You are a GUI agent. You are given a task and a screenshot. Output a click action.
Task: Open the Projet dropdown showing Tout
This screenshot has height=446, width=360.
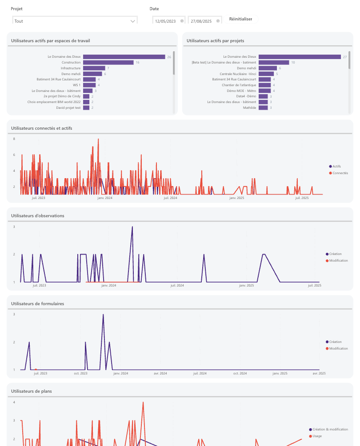[74, 21]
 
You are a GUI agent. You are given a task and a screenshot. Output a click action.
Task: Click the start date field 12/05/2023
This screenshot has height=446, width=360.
[165, 21]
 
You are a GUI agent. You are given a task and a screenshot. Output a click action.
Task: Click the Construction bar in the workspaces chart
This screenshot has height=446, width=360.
[108, 63]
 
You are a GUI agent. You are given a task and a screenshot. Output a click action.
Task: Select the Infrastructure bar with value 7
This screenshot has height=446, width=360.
[94, 68]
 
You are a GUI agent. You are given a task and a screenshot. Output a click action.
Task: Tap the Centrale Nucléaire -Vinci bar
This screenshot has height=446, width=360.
[266, 74]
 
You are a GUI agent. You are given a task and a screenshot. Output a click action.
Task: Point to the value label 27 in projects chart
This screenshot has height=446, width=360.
[344, 57]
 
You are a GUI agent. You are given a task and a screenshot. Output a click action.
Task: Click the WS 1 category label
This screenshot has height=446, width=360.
[76, 85]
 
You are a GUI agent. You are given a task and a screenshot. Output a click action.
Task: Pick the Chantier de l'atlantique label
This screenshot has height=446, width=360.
[239, 85]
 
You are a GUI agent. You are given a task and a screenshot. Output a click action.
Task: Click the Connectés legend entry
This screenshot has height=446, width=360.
[340, 173]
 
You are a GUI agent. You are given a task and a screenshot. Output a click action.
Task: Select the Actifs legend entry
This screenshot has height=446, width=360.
[336, 166]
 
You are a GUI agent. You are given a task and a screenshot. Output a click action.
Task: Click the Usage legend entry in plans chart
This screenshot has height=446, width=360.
[317, 436]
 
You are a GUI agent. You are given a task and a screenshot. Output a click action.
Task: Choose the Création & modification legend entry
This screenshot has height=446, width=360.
[330, 430]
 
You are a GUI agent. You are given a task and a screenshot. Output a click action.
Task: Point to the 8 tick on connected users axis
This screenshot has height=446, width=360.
[14, 139]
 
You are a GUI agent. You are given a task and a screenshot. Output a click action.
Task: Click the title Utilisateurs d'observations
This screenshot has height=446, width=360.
[38, 215]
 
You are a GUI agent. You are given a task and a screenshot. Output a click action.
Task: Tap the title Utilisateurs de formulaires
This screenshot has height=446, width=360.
[37, 303]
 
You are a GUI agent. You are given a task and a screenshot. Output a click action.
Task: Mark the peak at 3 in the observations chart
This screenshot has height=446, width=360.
[132, 227]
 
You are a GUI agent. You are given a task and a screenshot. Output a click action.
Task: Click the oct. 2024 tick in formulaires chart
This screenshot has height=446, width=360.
[240, 374]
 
